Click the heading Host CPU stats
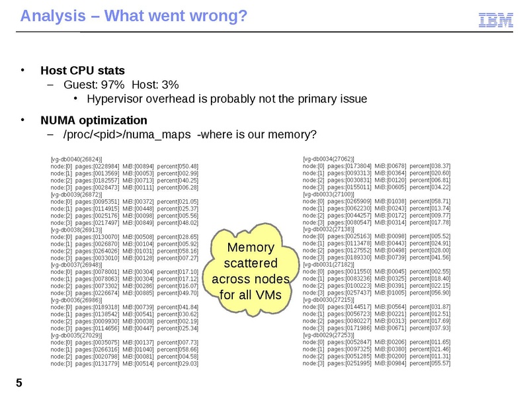tap(83, 70)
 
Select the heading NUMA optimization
tap(93, 120)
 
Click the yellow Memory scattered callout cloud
tap(251, 271)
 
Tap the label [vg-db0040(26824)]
tap(75, 159)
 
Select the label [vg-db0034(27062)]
tap(328, 159)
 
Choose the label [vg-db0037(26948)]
tap(75, 263)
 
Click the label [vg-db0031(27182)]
tap(328, 263)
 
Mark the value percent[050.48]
tap(178, 166)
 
